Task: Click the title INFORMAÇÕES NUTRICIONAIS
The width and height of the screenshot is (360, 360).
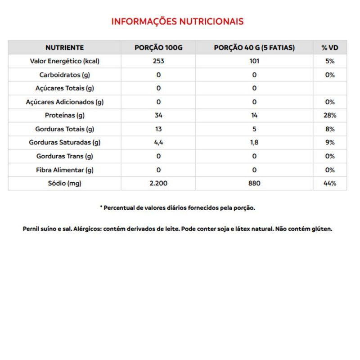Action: tap(177, 22)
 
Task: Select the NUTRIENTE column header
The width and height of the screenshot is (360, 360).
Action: tap(64, 47)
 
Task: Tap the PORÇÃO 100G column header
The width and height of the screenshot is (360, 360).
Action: tap(158, 47)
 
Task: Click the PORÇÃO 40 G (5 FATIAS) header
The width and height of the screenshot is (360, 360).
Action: tap(254, 47)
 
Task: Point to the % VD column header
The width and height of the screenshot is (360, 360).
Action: tap(330, 47)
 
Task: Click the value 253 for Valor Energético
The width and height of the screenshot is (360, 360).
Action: tap(158, 61)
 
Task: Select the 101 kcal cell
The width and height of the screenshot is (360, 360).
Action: tap(254, 61)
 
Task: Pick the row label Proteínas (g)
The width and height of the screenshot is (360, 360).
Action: tap(65, 116)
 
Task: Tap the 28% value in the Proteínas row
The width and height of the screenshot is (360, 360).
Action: tap(330, 116)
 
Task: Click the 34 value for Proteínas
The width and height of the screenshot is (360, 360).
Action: tap(158, 116)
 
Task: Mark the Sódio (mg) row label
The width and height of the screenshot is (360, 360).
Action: tap(65, 184)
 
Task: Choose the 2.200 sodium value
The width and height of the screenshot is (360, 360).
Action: tap(158, 184)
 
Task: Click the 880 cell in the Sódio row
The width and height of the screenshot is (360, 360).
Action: tap(254, 184)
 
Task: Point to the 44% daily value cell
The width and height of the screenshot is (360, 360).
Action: tap(330, 184)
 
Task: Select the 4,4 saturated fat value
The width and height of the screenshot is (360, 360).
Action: tap(158, 143)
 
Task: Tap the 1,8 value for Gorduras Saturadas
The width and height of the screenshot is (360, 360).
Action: tap(254, 143)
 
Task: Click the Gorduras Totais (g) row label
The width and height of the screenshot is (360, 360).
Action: tap(65, 129)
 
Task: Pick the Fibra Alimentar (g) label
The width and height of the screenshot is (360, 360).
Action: tap(65, 170)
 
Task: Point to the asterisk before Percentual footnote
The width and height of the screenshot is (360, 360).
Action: tap(101, 207)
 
